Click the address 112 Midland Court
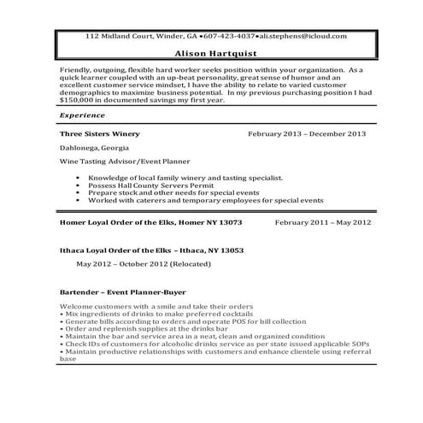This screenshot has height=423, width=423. [117, 36]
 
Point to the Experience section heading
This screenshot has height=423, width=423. [83, 114]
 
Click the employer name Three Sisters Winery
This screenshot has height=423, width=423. [99, 134]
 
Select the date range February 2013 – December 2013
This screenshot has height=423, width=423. [307, 134]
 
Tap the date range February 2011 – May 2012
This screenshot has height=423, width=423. [322, 222]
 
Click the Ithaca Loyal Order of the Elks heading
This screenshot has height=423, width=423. [152, 250]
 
